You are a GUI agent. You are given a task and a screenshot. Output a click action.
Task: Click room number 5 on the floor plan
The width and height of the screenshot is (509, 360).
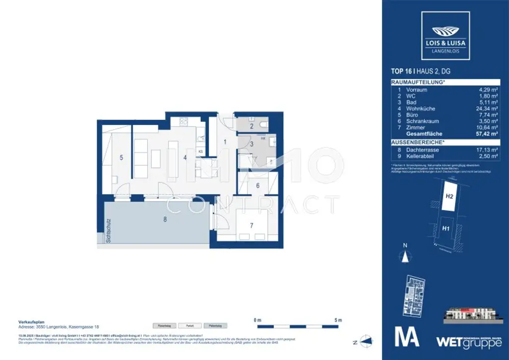(x=121, y=158)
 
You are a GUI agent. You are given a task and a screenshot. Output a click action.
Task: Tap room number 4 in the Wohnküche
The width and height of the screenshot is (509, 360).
(x=184, y=158)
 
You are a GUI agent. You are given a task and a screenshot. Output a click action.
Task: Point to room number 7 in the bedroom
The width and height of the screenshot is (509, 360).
(x=252, y=225)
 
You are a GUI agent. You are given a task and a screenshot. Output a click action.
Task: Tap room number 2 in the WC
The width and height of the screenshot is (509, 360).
(x=252, y=126)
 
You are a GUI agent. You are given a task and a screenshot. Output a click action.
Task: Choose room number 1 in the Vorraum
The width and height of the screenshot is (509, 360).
(x=225, y=142)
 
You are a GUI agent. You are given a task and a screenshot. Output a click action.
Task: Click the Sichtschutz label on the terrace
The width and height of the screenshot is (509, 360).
(x=108, y=231)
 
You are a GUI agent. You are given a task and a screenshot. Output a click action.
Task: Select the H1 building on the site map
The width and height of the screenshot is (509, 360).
(x=446, y=228)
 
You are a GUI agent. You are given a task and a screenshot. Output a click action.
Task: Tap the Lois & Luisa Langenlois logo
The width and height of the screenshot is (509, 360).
(x=445, y=32)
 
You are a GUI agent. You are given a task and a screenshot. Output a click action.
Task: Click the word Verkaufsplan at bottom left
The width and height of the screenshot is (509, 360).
(x=29, y=321)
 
